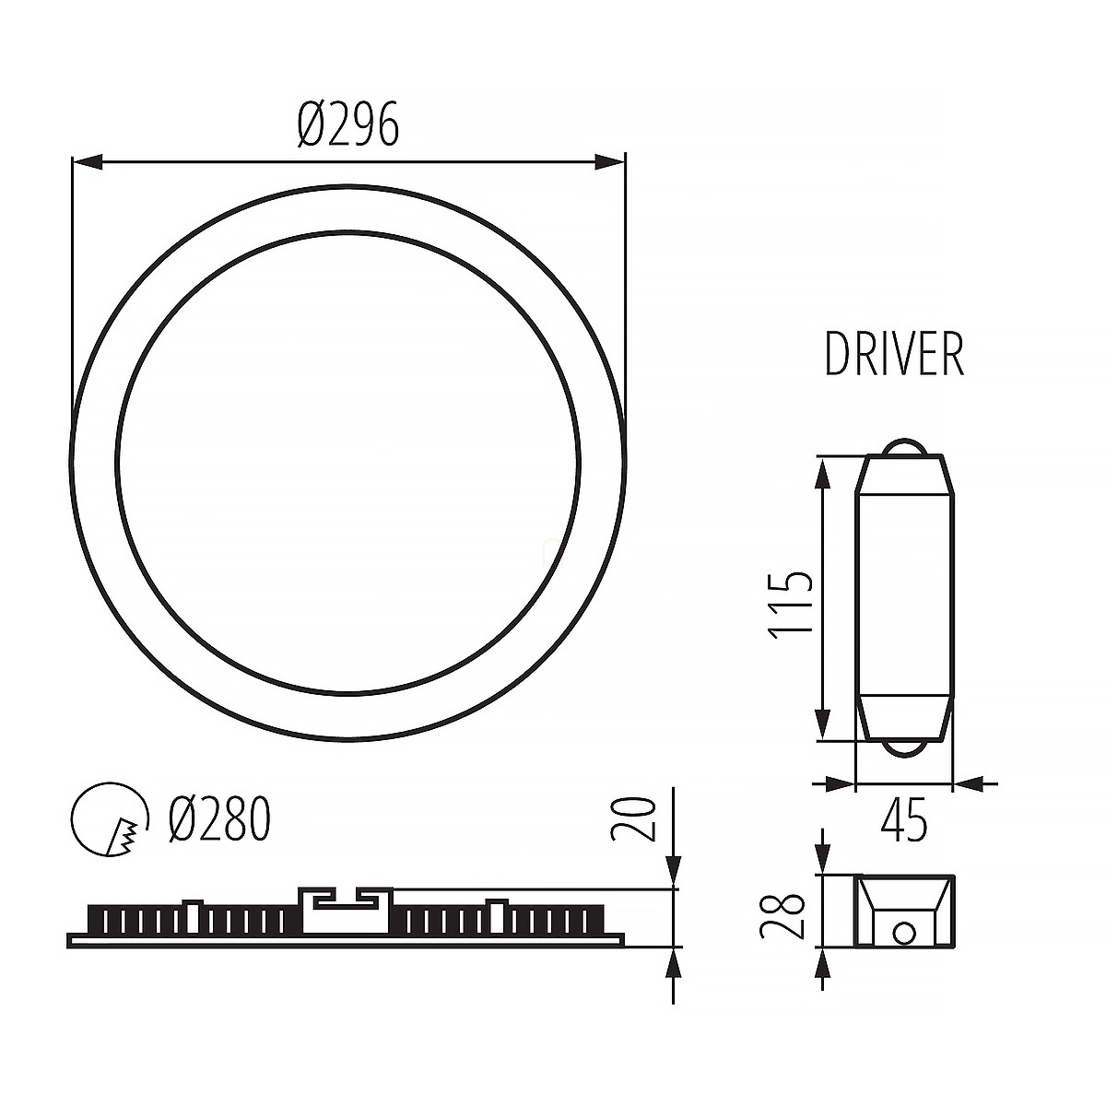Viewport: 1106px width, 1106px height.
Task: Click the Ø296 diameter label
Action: click(x=347, y=124)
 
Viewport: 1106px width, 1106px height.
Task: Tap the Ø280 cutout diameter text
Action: click(x=219, y=819)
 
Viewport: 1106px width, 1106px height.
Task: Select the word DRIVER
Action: click(x=894, y=355)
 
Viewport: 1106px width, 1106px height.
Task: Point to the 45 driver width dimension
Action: click(x=904, y=820)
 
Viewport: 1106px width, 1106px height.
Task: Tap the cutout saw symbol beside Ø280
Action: click(x=109, y=819)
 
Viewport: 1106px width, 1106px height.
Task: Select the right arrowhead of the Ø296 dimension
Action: click(x=609, y=162)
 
